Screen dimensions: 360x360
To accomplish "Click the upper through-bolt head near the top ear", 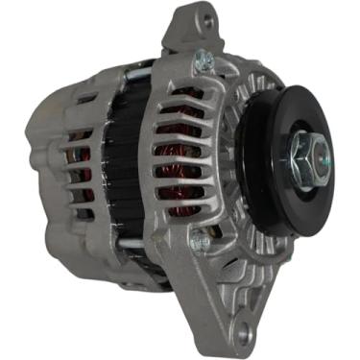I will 202,61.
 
